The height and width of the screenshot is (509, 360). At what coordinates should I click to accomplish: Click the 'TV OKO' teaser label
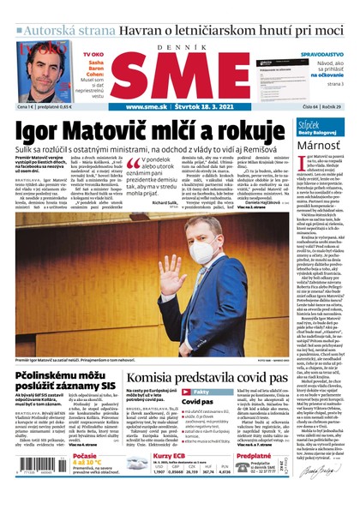point(93,54)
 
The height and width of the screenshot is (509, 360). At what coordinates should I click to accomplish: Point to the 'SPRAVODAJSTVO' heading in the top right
point(321,53)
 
